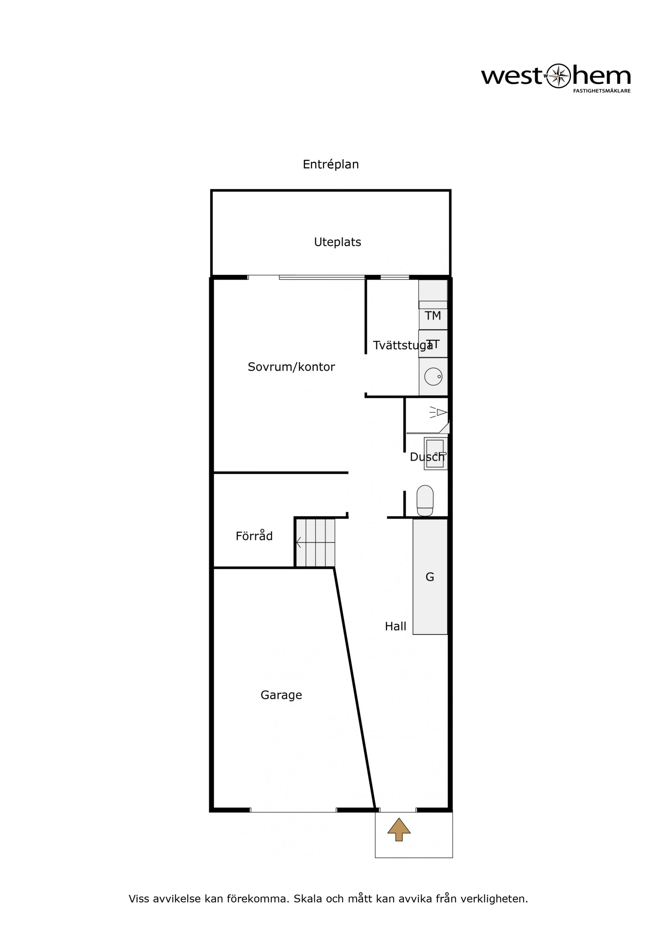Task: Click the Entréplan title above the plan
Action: (330, 165)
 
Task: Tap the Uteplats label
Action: (337, 242)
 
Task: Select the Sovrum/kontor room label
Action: (291, 367)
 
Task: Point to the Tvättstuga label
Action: (403, 345)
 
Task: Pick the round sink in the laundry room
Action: (433, 376)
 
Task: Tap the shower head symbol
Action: (438, 412)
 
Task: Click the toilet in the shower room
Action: (425, 501)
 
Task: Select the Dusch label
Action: (427, 457)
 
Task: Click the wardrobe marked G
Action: (430, 576)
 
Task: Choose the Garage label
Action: (281, 695)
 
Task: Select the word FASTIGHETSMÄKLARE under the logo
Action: (602, 91)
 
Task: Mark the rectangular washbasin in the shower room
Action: (435, 453)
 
